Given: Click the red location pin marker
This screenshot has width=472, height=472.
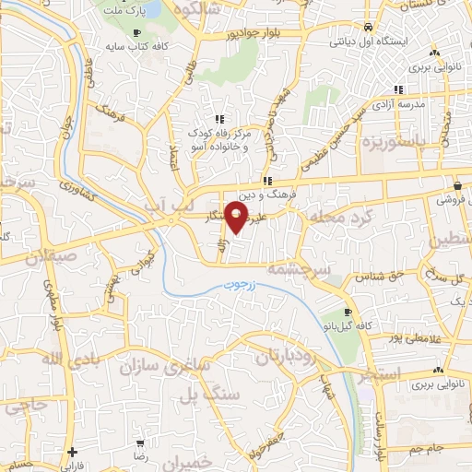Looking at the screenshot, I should click(x=238, y=218).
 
